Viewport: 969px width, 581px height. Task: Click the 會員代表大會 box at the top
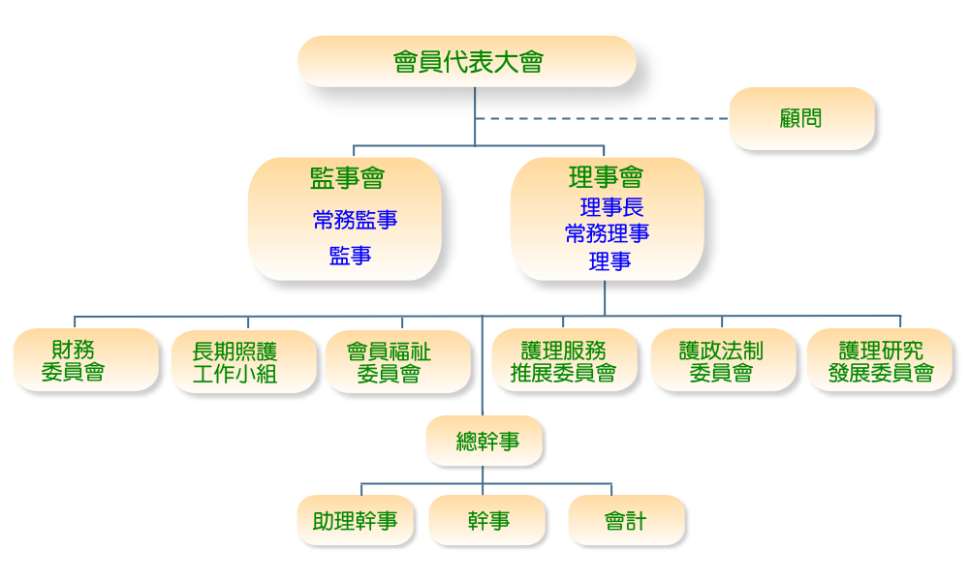click(x=467, y=62)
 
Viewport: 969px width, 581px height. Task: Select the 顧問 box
click(x=800, y=118)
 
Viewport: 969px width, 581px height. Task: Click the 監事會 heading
click(x=347, y=178)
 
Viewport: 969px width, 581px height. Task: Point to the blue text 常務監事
click(x=355, y=220)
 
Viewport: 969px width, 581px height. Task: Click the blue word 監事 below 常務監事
click(x=350, y=256)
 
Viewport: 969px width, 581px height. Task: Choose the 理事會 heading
click(x=606, y=177)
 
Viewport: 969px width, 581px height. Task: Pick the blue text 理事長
click(x=611, y=207)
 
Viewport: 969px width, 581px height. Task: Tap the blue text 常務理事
click(x=608, y=233)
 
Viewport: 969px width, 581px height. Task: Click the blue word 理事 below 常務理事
click(x=610, y=260)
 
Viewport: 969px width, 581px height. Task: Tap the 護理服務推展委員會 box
click(x=565, y=361)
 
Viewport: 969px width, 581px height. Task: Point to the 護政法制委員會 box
click(x=722, y=361)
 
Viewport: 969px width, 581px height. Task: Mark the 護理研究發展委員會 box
click(x=880, y=361)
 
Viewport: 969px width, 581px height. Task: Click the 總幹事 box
click(x=484, y=442)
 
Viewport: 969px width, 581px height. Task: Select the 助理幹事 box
click(x=355, y=521)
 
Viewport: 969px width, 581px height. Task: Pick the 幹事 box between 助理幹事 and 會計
click(x=487, y=521)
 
